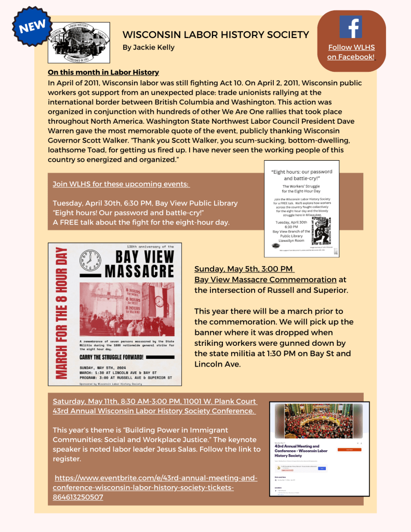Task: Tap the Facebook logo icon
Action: click(351, 27)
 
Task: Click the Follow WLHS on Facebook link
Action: click(351, 52)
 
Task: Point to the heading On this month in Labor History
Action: click(103, 72)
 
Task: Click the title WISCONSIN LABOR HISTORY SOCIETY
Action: click(216, 35)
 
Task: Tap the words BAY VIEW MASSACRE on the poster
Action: click(140, 264)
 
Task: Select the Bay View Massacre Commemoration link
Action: click(266, 279)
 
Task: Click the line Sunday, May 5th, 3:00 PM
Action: click(244, 269)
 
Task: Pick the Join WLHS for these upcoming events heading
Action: click(121, 184)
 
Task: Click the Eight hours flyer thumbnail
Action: click(302, 209)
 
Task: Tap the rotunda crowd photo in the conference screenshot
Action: click(319, 422)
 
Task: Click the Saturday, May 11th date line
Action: click(154, 401)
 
